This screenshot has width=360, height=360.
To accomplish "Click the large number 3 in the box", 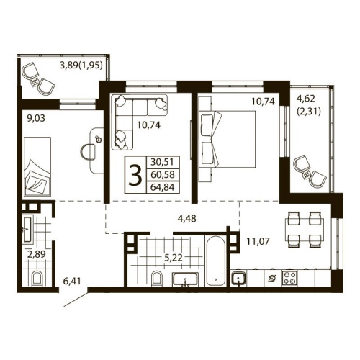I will pos(134,176).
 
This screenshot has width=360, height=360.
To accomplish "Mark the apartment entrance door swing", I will pos(78,297).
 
